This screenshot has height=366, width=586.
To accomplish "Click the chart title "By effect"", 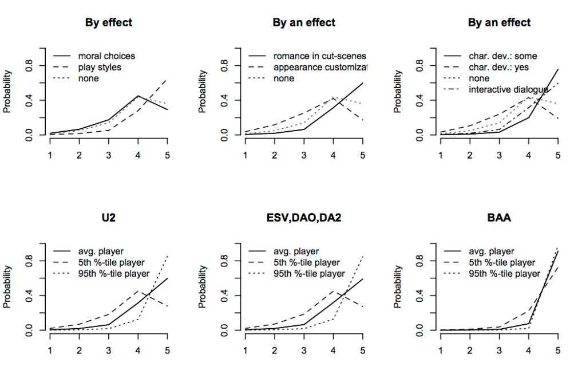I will pyautogui.click(x=109, y=23).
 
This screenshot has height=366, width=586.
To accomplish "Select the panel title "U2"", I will pyautogui.click(x=109, y=218).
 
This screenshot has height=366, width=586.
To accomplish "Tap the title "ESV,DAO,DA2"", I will pyautogui.click(x=304, y=218).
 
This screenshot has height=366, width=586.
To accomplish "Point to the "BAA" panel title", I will pyautogui.click(x=499, y=218).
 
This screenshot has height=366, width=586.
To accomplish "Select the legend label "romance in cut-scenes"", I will pyautogui.click(x=319, y=56).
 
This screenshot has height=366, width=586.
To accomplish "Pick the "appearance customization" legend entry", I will pyautogui.click(x=319, y=67).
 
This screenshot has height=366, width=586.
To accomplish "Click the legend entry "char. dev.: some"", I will pyautogui.click(x=502, y=56).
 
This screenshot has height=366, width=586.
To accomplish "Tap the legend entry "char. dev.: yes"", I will pyautogui.click(x=498, y=67).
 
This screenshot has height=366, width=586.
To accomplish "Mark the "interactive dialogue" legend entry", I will pyautogui.click(x=508, y=89).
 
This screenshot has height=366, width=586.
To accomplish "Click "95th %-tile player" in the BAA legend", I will pyautogui.click(x=504, y=273).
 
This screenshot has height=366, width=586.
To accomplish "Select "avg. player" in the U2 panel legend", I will pyautogui.click(x=100, y=251).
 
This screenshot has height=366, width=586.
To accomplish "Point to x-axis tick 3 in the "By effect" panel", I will pyautogui.click(x=109, y=155).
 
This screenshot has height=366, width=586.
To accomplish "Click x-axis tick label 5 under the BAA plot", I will pyautogui.click(x=557, y=349).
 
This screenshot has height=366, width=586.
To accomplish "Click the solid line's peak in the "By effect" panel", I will pyautogui.click(x=137, y=96).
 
